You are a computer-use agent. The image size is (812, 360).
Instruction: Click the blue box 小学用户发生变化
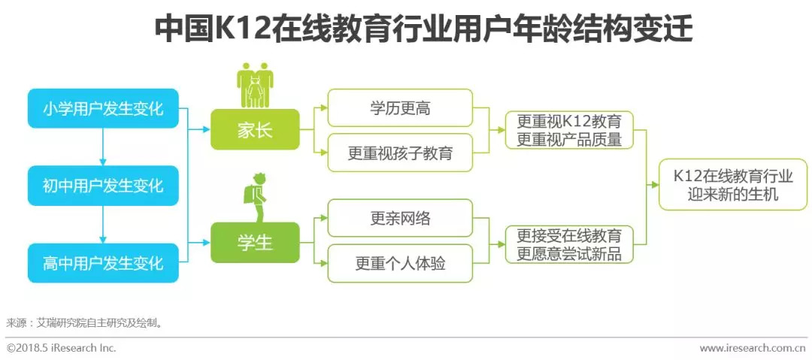click(103, 109)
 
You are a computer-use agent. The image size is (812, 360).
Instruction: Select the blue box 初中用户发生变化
click(103, 185)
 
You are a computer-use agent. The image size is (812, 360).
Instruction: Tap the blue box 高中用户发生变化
click(103, 262)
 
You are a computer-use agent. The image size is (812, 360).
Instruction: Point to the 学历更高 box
click(400, 108)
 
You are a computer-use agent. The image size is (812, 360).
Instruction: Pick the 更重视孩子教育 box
click(400, 153)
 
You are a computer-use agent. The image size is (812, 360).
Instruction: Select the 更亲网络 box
click(400, 218)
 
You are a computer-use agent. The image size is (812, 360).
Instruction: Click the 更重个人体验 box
click(400, 263)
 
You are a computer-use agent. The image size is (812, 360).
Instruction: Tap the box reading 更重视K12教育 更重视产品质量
click(568, 130)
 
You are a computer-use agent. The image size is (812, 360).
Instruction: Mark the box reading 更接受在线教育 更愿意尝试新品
click(568, 244)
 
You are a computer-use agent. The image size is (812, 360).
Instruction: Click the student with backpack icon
click(255, 196)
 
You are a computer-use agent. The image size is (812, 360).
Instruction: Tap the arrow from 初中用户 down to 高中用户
click(103, 224)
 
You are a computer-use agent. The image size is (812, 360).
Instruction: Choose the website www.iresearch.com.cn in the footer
click(753, 349)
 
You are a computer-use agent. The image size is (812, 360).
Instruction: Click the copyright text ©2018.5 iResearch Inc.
click(62, 349)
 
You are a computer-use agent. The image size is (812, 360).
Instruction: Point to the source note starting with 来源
click(83, 323)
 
